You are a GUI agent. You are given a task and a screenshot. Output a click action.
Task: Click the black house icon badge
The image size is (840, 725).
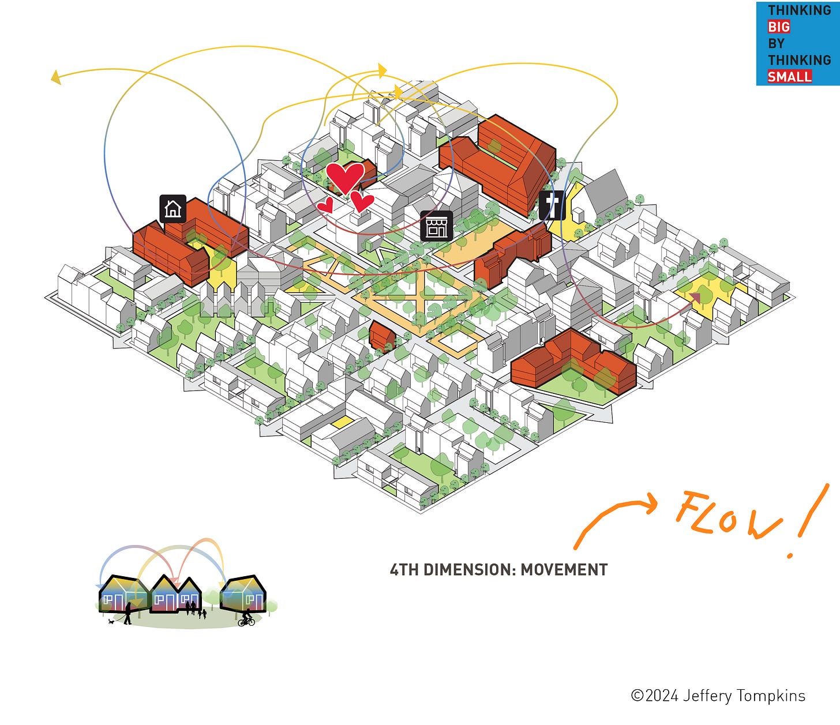(172, 208)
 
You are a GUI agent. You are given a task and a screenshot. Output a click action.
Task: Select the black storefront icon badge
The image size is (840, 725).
(436, 226)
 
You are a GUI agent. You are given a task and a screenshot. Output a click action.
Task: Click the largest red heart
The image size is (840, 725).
(344, 177)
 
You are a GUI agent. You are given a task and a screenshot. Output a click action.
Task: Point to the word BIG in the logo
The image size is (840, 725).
(778, 27)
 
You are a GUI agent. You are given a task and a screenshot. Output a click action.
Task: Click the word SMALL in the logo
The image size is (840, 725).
(789, 76)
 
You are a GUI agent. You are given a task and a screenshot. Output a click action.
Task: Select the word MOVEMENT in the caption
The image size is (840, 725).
(564, 570)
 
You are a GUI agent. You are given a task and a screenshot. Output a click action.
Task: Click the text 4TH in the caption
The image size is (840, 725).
(403, 570)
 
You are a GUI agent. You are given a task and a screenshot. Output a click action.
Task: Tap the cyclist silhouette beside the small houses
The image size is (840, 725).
(247, 618)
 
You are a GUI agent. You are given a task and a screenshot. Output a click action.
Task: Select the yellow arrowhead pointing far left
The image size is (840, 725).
(55, 77)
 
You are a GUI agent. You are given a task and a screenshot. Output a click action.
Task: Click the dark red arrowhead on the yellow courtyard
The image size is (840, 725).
(694, 298)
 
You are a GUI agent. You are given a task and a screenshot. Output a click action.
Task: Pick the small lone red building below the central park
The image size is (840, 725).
(382, 336)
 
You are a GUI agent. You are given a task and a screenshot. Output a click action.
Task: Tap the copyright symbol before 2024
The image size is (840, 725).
(637, 696)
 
